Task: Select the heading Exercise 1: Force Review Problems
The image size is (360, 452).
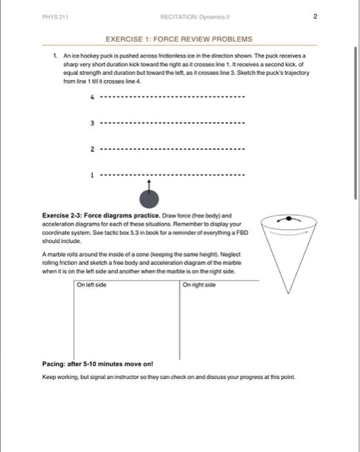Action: (178, 39)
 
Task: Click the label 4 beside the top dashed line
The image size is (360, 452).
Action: (92, 98)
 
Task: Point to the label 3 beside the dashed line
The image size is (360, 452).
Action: (92, 123)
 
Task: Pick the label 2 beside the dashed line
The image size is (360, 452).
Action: (92, 149)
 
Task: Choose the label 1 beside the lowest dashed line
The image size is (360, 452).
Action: (92, 174)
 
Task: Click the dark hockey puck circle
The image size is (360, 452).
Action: (148, 197)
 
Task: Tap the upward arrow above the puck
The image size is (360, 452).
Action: (148, 185)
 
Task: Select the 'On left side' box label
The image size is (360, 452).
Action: (92, 285)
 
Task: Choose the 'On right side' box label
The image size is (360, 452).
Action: (199, 285)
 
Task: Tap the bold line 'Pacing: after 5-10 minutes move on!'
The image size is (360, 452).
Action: (97, 363)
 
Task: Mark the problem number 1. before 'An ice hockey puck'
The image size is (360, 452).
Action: (56, 57)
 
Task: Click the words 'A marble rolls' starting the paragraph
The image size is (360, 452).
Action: (60, 254)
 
